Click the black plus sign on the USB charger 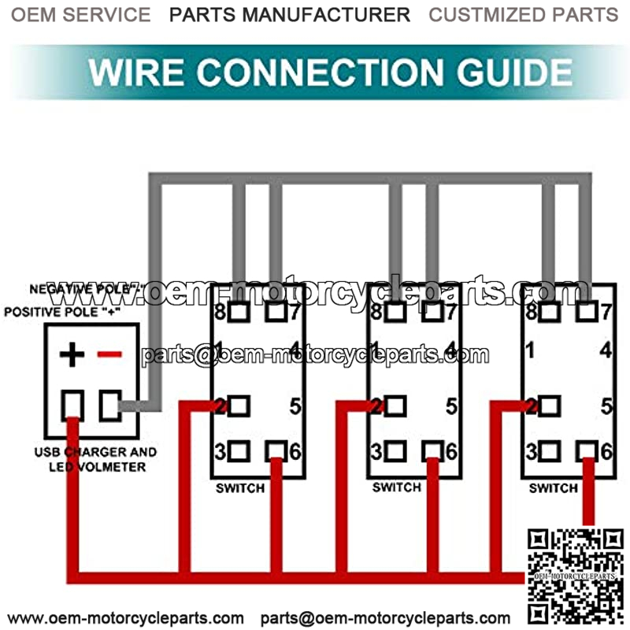(x=72, y=355)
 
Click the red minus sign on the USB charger (x=109, y=355)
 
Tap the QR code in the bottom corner (x=576, y=576)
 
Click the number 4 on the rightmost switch (x=606, y=350)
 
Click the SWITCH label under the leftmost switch (x=240, y=488)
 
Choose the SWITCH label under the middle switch (x=397, y=488)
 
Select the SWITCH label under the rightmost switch (x=554, y=488)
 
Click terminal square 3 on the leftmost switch (x=239, y=451)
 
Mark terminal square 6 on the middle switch (x=431, y=450)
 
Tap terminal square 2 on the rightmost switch (x=550, y=406)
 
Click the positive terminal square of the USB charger (x=72, y=405)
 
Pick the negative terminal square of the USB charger (x=109, y=406)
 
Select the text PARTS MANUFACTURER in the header (x=290, y=14)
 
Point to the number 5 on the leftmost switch (x=295, y=407)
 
